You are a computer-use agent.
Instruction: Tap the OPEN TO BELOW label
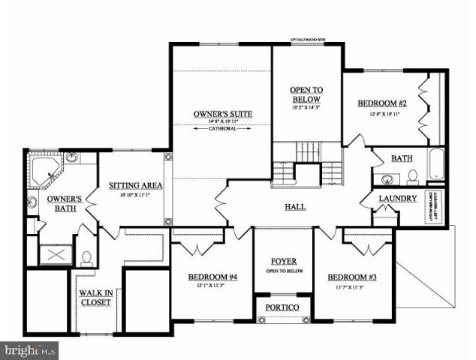pyautogui.click(x=306, y=94)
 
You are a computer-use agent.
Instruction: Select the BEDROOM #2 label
pyautogui.click(x=381, y=103)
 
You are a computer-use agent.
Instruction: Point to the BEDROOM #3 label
pyautogui.click(x=351, y=277)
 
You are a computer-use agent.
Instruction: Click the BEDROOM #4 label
pyautogui.click(x=214, y=277)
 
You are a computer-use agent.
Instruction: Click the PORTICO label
pyautogui.click(x=283, y=308)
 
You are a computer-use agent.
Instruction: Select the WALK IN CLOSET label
pyautogui.click(x=95, y=298)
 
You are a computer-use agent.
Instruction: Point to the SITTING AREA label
pyautogui.click(x=131, y=185)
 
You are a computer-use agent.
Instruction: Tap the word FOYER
pyautogui.click(x=283, y=261)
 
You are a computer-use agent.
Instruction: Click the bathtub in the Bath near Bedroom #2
pyautogui.click(x=437, y=163)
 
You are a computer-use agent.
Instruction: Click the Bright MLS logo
pyautogui.click(x=30, y=349)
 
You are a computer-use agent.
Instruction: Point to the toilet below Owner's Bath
pyautogui.click(x=86, y=259)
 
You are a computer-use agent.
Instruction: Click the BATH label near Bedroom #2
pyautogui.click(x=402, y=159)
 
